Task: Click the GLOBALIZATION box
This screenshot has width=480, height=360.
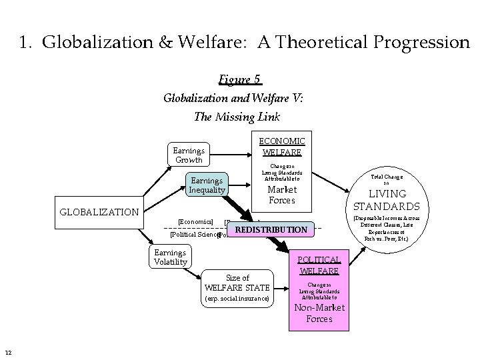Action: (x=99, y=213)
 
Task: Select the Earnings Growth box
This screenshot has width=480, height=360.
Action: (x=188, y=155)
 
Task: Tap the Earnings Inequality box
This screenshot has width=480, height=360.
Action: (x=207, y=185)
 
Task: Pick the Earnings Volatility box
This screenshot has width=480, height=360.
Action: (x=170, y=257)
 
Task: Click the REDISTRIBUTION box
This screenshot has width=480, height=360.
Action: (x=271, y=230)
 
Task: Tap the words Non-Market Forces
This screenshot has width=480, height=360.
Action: (x=319, y=313)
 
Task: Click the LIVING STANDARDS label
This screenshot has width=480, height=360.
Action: (x=387, y=200)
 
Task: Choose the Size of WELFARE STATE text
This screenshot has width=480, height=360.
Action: (x=237, y=283)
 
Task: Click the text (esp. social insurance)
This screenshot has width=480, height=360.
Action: (x=237, y=298)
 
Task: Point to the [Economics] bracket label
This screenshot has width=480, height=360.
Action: (x=195, y=221)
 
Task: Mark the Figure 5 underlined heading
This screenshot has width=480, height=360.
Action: (x=238, y=80)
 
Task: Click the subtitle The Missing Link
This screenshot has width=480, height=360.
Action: (x=237, y=116)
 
